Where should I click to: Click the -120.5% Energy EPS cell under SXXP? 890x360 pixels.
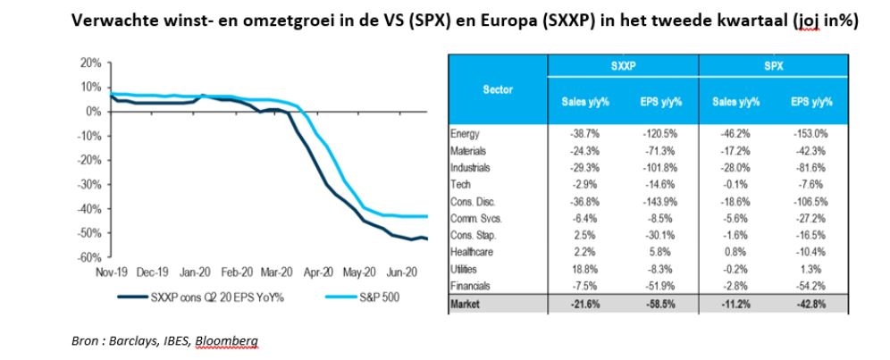659,135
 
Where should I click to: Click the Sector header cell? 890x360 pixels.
498,90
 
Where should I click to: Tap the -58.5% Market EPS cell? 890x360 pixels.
659,304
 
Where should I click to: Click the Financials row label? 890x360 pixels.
470,286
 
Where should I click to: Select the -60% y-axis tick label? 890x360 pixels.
88,257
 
